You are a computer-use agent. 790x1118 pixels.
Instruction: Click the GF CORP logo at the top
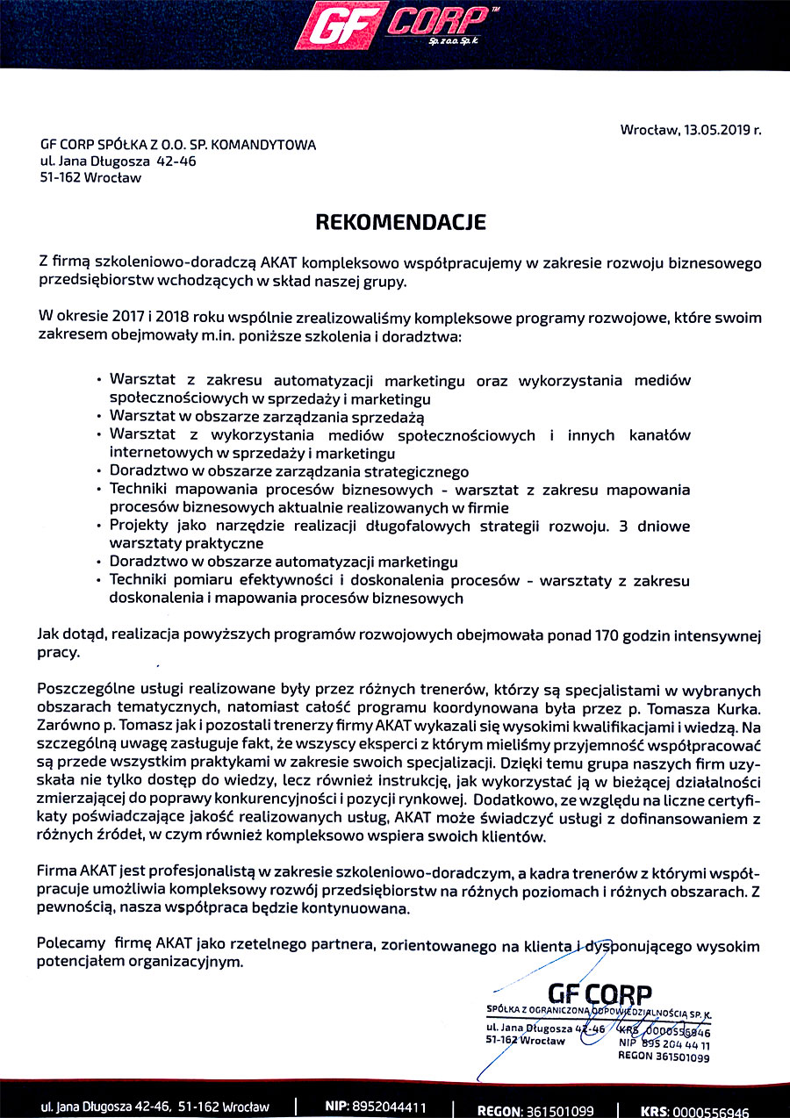click(392, 25)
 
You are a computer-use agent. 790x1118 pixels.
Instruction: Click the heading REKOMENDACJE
click(400, 222)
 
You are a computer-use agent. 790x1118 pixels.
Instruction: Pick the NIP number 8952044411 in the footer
click(389, 1106)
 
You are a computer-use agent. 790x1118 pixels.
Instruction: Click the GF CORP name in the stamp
click(600, 994)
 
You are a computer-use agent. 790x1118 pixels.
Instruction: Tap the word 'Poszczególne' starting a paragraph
click(86, 692)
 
